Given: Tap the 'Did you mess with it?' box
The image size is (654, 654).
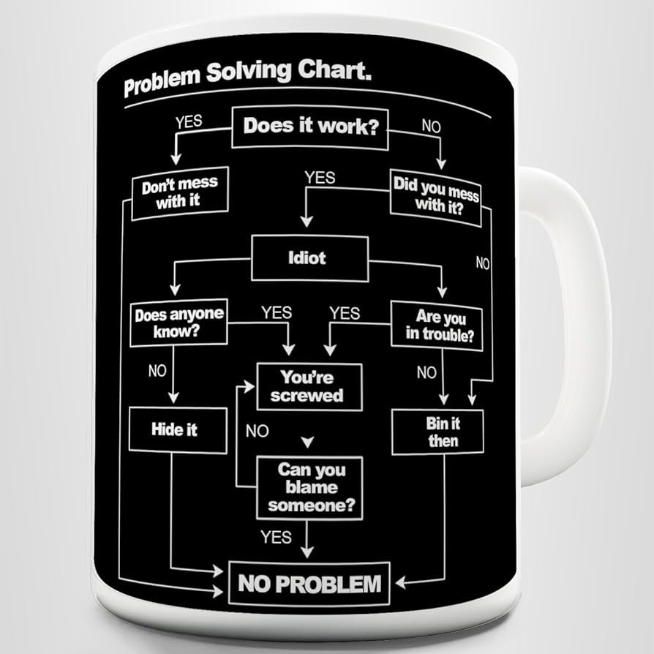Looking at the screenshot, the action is pyautogui.click(x=436, y=194).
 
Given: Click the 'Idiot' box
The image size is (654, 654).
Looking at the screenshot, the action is pyautogui.click(x=309, y=258).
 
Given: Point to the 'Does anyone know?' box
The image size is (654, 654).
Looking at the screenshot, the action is pyautogui.click(x=178, y=323).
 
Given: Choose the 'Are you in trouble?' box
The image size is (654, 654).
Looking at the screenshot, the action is pyautogui.click(x=437, y=326).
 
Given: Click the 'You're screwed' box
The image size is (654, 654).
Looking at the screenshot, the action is pyautogui.click(x=309, y=386).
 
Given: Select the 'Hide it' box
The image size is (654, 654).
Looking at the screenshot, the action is pyautogui.click(x=175, y=429).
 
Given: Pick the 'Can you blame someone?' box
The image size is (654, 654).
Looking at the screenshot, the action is pyautogui.click(x=310, y=486).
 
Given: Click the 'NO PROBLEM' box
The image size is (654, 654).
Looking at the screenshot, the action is pyautogui.click(x=309, y=584).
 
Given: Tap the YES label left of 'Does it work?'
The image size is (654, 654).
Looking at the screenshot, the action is pyautogui.click(x=189, y=122).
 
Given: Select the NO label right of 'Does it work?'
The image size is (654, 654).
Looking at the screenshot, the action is pyautogui.click(x=432, y=126).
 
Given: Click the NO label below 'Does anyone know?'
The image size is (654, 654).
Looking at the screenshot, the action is pyautogui.click(x=157, y=371).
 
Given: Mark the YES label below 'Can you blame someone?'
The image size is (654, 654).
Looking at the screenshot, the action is pyautogui.click(x=276, y=537).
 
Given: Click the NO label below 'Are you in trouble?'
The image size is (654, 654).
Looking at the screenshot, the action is pyautogui.click(x=426, y=373).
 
